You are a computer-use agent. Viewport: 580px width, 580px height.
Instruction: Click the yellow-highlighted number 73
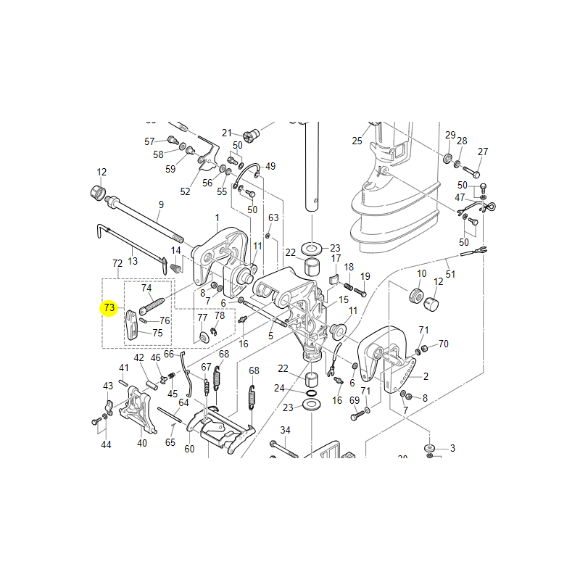pos(109,308)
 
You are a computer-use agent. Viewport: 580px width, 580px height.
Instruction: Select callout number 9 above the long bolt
pos(161,205)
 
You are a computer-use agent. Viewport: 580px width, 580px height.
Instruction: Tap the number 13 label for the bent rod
pos(133,260)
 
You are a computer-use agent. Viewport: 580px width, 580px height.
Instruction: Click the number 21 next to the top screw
pos(227,133)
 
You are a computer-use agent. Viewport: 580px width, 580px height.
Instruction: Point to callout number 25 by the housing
pos(357,141)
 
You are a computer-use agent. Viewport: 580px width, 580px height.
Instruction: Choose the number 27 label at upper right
pos(483,152)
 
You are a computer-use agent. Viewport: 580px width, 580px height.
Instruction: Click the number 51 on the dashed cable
pos(450,274)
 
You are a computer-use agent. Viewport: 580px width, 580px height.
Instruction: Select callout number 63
pos(273,217)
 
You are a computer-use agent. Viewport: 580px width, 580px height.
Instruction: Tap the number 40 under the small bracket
pos(142,443)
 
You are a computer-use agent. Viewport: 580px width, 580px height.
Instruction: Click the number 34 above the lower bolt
pos(285,430)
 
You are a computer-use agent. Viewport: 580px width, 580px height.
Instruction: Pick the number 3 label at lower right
pos(452,448)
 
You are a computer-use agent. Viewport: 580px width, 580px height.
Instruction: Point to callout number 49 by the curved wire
pos(270,166)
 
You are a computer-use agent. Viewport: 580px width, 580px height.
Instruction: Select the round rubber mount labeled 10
pos(417,297)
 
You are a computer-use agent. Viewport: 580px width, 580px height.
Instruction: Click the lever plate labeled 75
pos(131,324)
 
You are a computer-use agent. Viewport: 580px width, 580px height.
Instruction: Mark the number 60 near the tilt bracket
pos(189,449)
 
